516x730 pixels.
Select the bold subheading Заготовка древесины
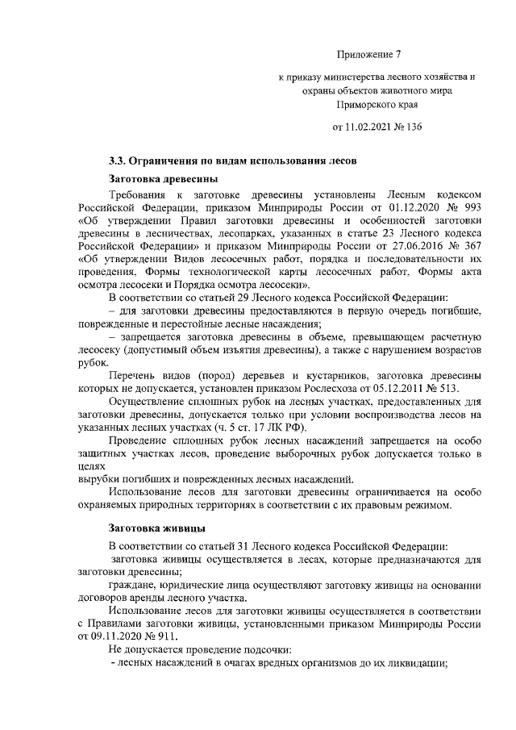162,177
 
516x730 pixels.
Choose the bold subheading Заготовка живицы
157,528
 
